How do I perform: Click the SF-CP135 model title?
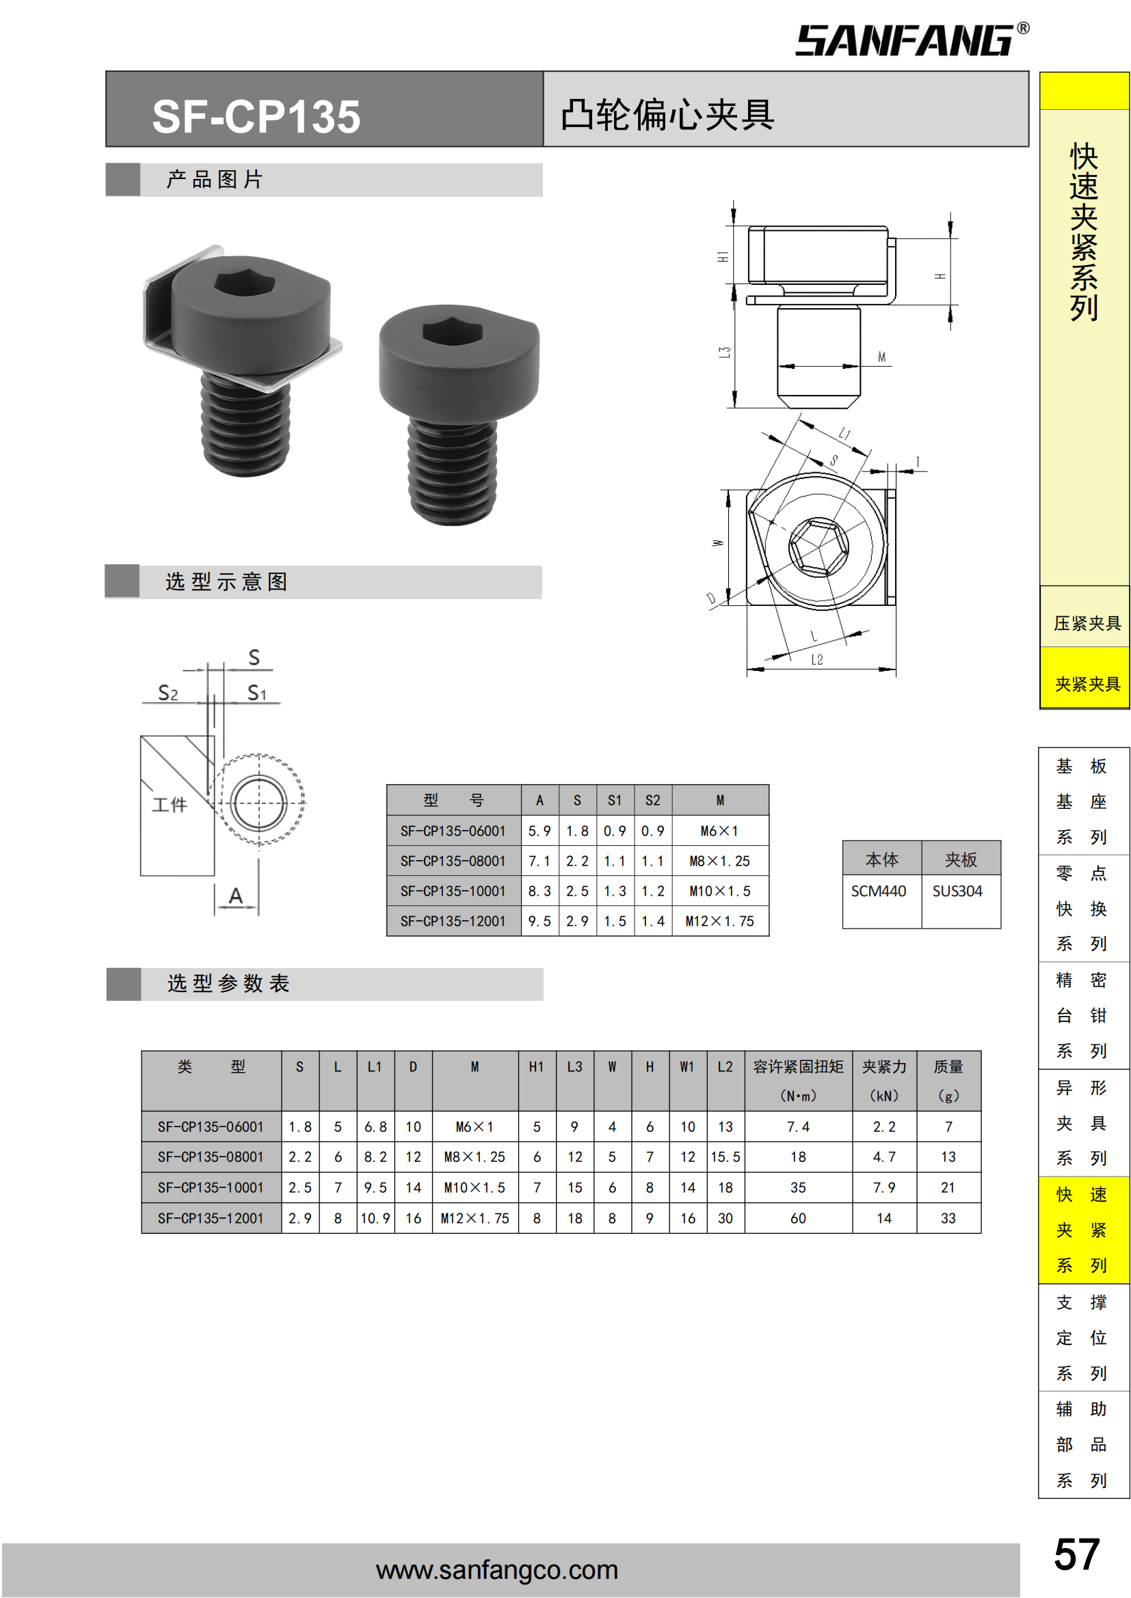[256, 116]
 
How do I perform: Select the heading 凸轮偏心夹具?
[667, 115]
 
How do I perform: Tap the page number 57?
[1077, 1554]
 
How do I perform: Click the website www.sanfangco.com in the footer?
[496, 1569]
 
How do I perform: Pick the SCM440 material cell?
[878, 891]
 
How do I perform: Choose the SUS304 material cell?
[957, 891]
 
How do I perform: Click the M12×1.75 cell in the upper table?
[719, 921]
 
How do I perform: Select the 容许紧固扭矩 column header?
[798, 1066]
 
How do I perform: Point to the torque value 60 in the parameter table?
[798, 1218]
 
